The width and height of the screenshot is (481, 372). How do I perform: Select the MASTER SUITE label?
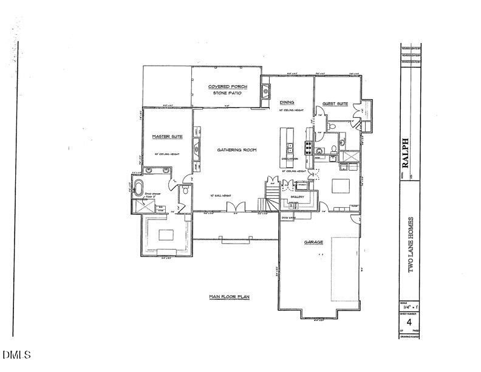click(x=163, y=137)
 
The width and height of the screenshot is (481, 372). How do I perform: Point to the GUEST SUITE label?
click(x=335, y=104)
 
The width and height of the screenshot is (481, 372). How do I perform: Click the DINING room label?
click(x=287, y=103)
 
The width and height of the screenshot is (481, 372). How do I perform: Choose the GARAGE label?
click(x=313, y=242)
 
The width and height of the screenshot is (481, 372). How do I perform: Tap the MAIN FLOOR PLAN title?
click(x=230, y=297)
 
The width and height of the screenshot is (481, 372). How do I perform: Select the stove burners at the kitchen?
click(x=308, y=146)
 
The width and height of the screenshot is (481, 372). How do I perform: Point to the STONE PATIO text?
click(x=224, y=94)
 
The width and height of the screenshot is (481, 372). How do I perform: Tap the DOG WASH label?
click(x=288, y=217)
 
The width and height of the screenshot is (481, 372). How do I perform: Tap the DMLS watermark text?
click(x=16, y=354)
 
